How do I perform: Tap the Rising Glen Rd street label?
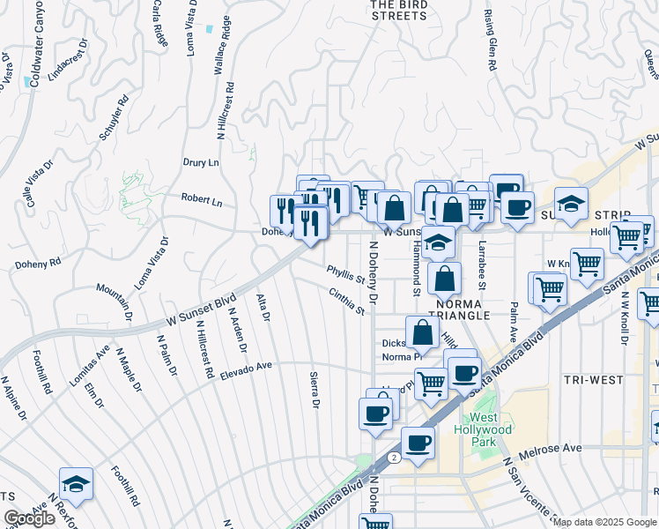[489, 41]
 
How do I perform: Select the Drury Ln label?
[200, 163]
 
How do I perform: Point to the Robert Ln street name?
[202, 200]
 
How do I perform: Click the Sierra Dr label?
[314, 390]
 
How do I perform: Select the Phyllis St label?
[345, 275]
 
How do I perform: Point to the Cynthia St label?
[346, 302]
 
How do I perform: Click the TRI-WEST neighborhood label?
[594, 380]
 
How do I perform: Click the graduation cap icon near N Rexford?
[77, 483]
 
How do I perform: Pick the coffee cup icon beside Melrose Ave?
[418, 442]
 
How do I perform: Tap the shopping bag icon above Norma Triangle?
[446, 278]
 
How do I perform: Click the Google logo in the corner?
[30, 518]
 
